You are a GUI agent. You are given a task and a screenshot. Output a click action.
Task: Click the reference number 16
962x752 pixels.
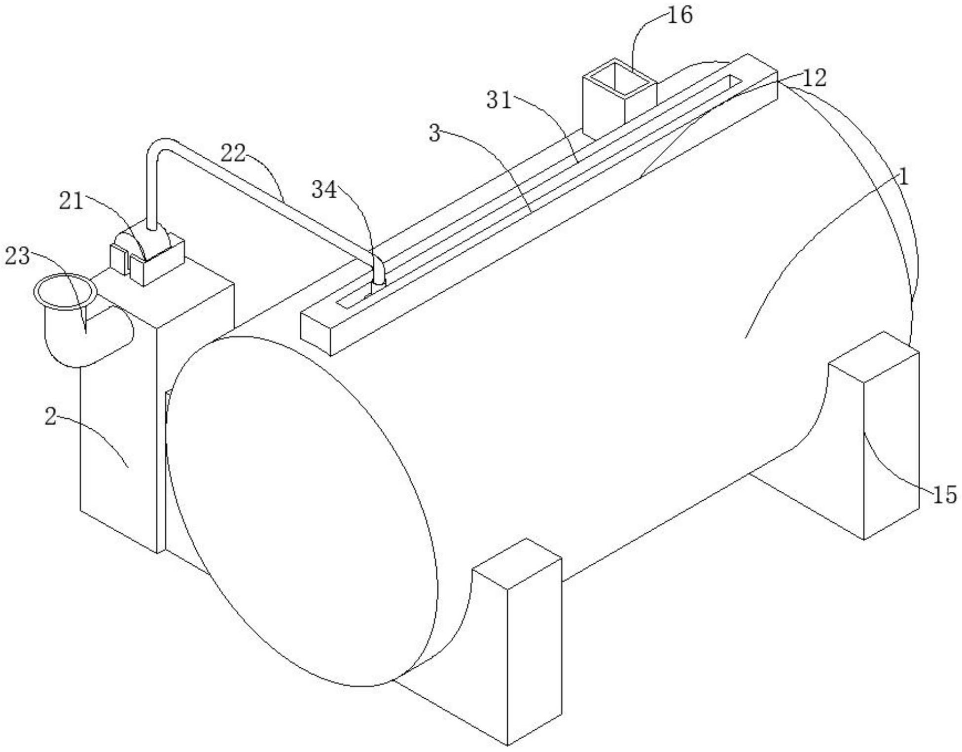pos(680,15)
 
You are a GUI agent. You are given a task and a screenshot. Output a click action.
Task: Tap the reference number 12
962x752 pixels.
pos(814,78)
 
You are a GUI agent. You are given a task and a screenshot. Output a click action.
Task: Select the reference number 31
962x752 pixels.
pos(499,101)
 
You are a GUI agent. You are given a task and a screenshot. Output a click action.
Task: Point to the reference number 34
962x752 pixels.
pos(324,190)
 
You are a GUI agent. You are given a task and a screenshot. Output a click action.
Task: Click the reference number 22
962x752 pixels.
pos(233,153)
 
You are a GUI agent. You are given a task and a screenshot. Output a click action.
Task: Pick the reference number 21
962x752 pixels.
pos(71,201)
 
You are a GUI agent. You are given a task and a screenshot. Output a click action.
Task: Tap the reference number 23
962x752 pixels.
pos(17,257)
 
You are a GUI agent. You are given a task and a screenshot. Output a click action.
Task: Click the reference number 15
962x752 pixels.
pos(944,495)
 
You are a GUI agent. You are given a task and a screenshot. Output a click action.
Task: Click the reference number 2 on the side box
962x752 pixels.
pos(50,417)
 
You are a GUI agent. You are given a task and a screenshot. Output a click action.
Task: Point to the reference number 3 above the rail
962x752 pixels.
pos(434,133)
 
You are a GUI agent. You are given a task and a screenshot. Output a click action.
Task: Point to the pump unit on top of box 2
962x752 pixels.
pos(148,256)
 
